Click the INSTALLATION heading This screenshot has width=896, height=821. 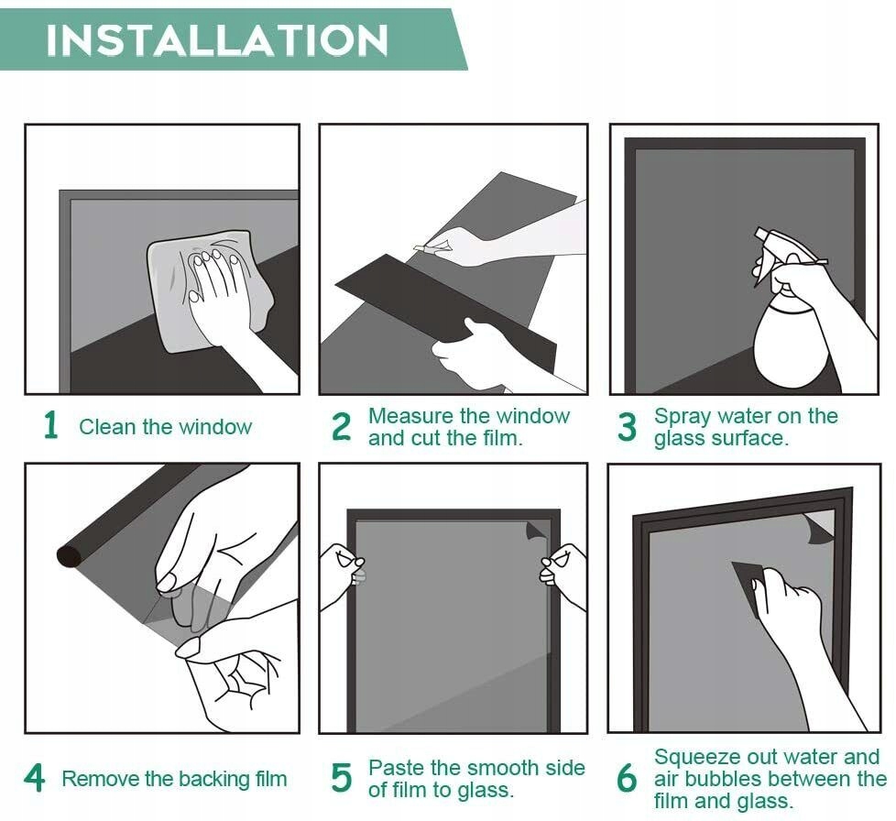(x=217, y=40)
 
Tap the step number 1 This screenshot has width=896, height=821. (x=51, y=426)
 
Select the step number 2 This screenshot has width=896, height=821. (x=341, y=427)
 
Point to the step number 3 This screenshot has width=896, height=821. (x=627, y=427)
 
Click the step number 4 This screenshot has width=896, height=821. (x=34, y=778)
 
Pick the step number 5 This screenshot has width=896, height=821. (x=341, y=778)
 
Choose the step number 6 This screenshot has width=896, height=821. (x=627, y=778)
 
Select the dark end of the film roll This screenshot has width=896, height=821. (x=70, y=555)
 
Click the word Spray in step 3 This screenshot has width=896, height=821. (x=678, y=417)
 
